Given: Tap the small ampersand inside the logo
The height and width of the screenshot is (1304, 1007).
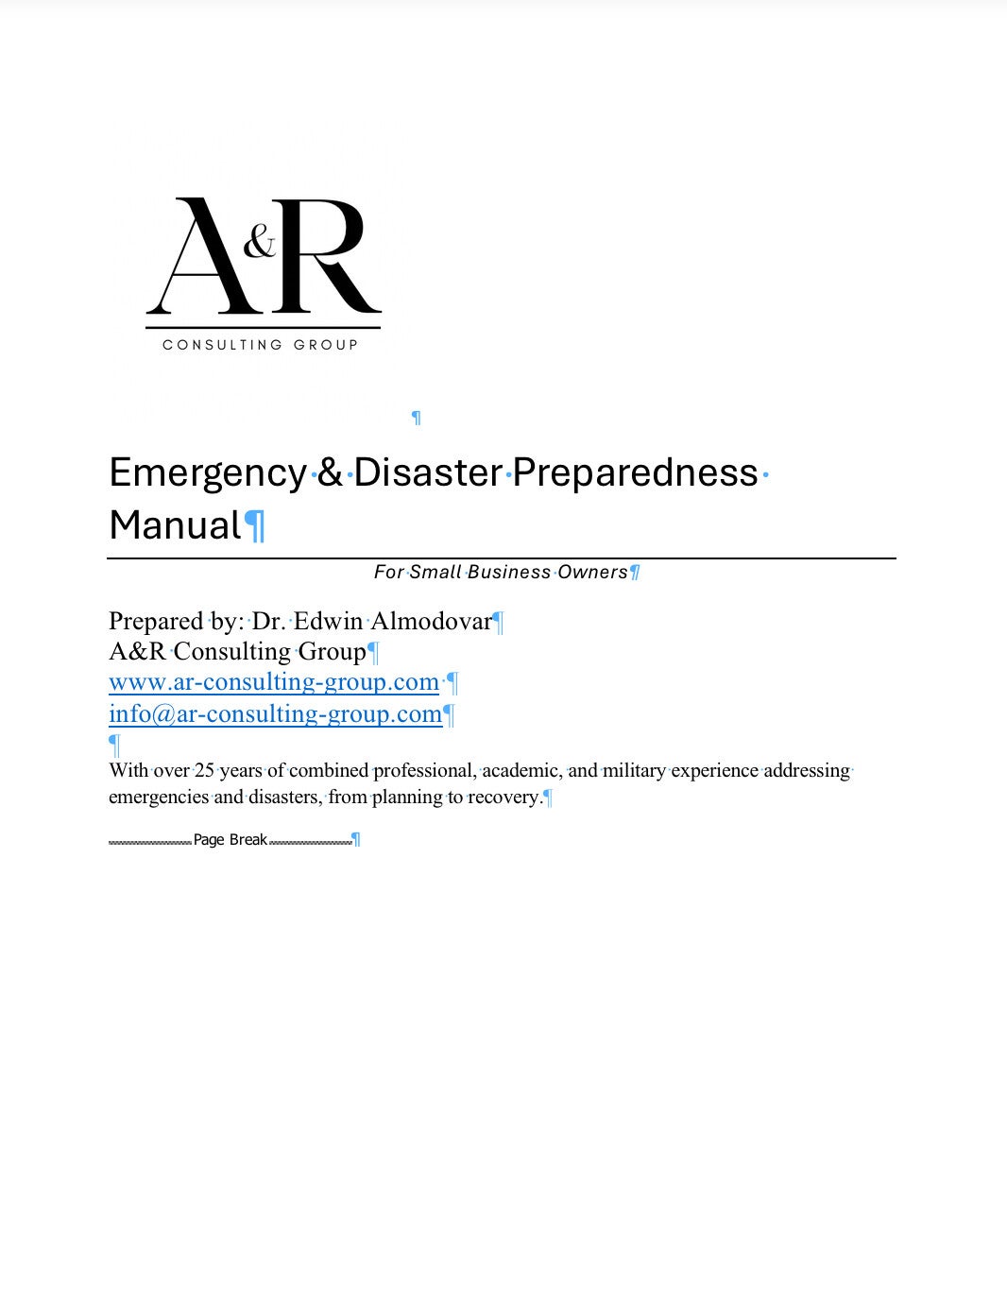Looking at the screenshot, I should [x=260, y=243].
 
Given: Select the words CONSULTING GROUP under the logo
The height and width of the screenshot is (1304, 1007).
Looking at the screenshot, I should [x=261, y=345].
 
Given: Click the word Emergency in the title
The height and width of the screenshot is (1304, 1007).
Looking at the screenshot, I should [x=208, y=472].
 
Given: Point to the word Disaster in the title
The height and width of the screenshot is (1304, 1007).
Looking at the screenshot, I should [x=428, y=472].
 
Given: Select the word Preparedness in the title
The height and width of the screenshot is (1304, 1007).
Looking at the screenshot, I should [x=635, y=472].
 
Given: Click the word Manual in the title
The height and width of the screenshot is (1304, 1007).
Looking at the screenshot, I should [x=175, y=525].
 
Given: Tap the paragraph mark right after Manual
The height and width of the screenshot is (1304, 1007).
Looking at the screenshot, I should [x=255, y=526].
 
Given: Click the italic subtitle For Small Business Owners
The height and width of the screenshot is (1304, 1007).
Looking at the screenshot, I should [x=501, y=572].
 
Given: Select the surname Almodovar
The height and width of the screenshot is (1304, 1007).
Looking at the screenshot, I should [x=431, y=621].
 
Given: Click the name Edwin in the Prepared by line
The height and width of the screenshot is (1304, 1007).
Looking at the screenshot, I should [x=328, y=621].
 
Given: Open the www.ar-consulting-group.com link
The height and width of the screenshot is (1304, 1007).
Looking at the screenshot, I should [x=274, y=682].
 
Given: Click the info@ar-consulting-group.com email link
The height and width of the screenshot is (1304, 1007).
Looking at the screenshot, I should [x=275, y=713].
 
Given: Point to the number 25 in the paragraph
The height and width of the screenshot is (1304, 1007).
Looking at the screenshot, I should [x=204, y=770].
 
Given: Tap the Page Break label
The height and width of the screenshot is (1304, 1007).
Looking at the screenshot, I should [x=230, y=839].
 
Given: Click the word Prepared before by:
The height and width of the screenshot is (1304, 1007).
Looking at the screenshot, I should [x=156, y=621].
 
